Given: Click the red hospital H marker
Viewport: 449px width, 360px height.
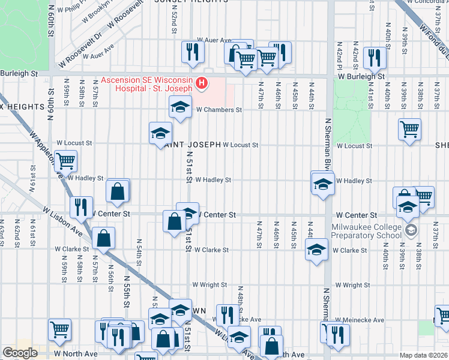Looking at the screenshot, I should click(x=202, y=83).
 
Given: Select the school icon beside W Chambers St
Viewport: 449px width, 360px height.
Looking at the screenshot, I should click(x=178, y=108).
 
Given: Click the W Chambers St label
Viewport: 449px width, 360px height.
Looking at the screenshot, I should click(x=218, y=110).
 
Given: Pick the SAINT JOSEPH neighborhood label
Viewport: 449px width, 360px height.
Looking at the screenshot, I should click(x=186, y=145).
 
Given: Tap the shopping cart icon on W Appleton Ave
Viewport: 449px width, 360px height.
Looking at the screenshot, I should click(x=65, y=161).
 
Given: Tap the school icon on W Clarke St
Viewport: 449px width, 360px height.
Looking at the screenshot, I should click(x=316, y=250).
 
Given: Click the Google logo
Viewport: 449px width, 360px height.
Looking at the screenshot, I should click(x=20, y=353).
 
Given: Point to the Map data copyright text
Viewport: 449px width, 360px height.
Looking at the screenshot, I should click(x=424, y=355).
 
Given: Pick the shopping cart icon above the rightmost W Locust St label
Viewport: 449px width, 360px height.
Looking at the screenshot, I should click(x=409, y=128).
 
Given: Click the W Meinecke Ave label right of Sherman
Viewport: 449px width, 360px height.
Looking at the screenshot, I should click(x=360, y=320).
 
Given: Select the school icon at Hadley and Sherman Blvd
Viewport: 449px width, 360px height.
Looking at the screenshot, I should click(x=322, y=182).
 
